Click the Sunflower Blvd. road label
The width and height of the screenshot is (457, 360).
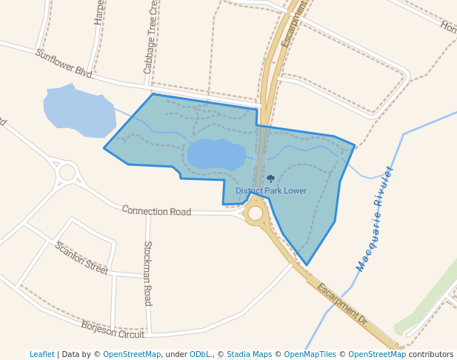pos(64,63)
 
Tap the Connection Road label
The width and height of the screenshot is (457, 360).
pos(156,211)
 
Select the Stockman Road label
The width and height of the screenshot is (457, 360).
pos(147,273)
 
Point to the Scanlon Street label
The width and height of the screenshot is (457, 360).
pos(81,258)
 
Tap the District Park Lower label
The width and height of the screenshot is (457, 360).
pos(271,191)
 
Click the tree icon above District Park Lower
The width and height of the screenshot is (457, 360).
pos(270,179)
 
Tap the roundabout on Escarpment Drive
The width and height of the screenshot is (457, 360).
pos(256,213)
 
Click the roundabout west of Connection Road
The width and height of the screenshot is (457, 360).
pos(67,173)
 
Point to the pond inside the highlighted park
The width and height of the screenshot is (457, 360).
pos(216,154)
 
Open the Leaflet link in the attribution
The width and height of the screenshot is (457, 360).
pos(41,354)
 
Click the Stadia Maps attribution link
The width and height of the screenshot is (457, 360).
pos(249,354)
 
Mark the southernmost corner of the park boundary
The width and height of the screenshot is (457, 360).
pos(307,264)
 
